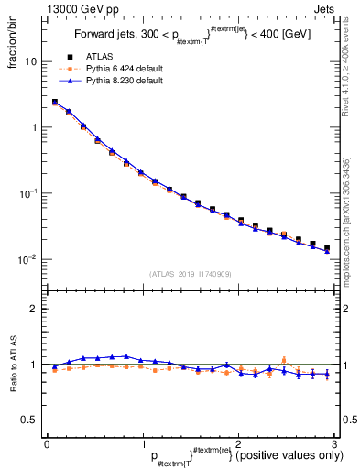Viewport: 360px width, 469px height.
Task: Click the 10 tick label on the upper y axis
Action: pos(30,61)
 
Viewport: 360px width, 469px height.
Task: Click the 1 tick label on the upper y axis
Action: pos(34,127)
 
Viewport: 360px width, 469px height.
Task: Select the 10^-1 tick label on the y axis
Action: pos(29,193)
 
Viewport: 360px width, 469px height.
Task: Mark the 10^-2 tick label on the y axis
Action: pos(29,259)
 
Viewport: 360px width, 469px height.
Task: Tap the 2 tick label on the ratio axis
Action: pos(34,309)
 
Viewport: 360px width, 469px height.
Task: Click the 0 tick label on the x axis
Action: pos(47,444)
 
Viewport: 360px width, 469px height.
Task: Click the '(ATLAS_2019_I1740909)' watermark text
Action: pos(191,274)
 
